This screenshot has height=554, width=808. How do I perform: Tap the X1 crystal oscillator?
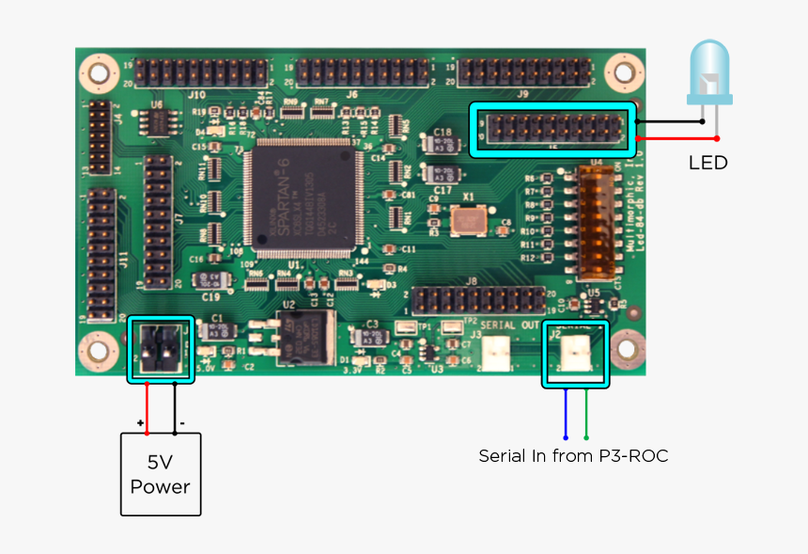point(464,221)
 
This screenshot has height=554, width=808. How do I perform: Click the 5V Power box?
point(161,474)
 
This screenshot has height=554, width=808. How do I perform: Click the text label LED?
point(707,163)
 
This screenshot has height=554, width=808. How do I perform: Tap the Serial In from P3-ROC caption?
point(573,456)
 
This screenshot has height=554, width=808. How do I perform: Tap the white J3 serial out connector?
point(495,353)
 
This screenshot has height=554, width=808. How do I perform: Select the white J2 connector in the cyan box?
point(573,354)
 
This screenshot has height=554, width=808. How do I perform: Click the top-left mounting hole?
point(96,71)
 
